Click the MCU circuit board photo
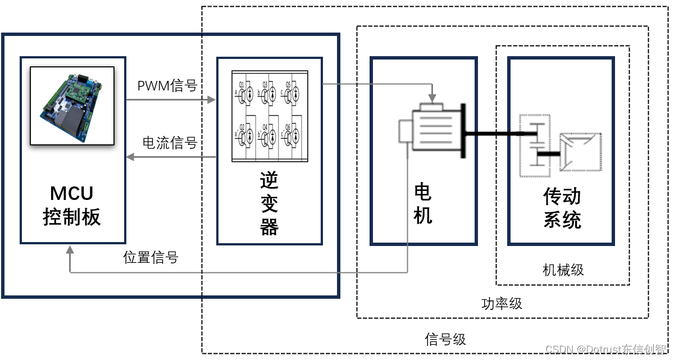pos(72,106)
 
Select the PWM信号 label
pos(167,86)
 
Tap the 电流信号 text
pos(170,143)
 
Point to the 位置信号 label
pos(151,258)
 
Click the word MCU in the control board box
pos(72,194)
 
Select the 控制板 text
pos(72,217)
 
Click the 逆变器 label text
pos(269,204)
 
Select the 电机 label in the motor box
pos(422,203)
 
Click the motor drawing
pos(432,127)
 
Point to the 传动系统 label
pos(562,208)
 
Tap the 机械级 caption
pos(563,270)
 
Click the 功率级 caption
pos(502,304)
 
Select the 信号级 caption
pos(445,340)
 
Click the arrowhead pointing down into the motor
pos(431,92)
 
